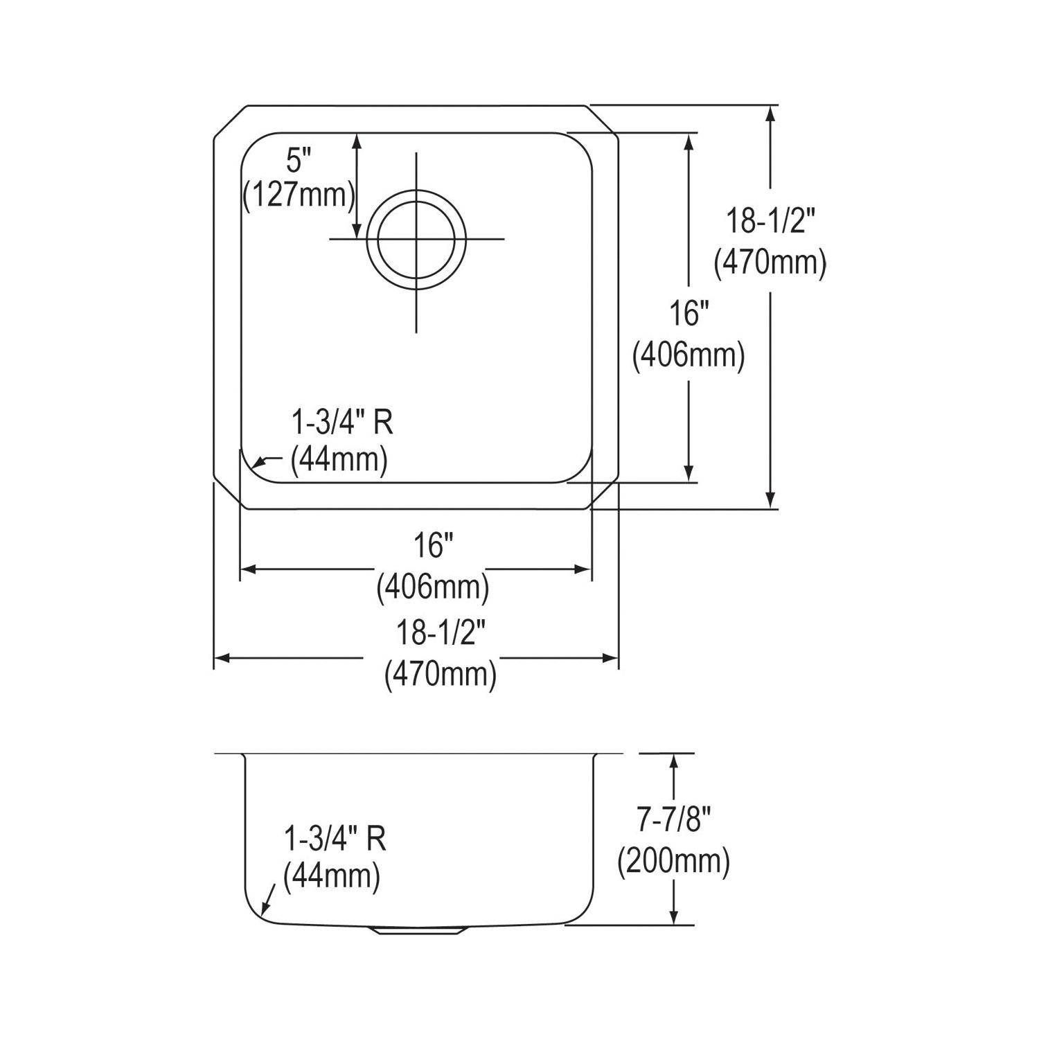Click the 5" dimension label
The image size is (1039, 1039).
(296, 162)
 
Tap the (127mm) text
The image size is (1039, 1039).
(299, 196)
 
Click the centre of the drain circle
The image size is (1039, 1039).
(416, 239)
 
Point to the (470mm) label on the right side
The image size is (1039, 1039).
(770, 263)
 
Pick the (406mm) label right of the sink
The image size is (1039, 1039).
(689, 356)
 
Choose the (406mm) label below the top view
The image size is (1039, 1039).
(433, 588)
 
